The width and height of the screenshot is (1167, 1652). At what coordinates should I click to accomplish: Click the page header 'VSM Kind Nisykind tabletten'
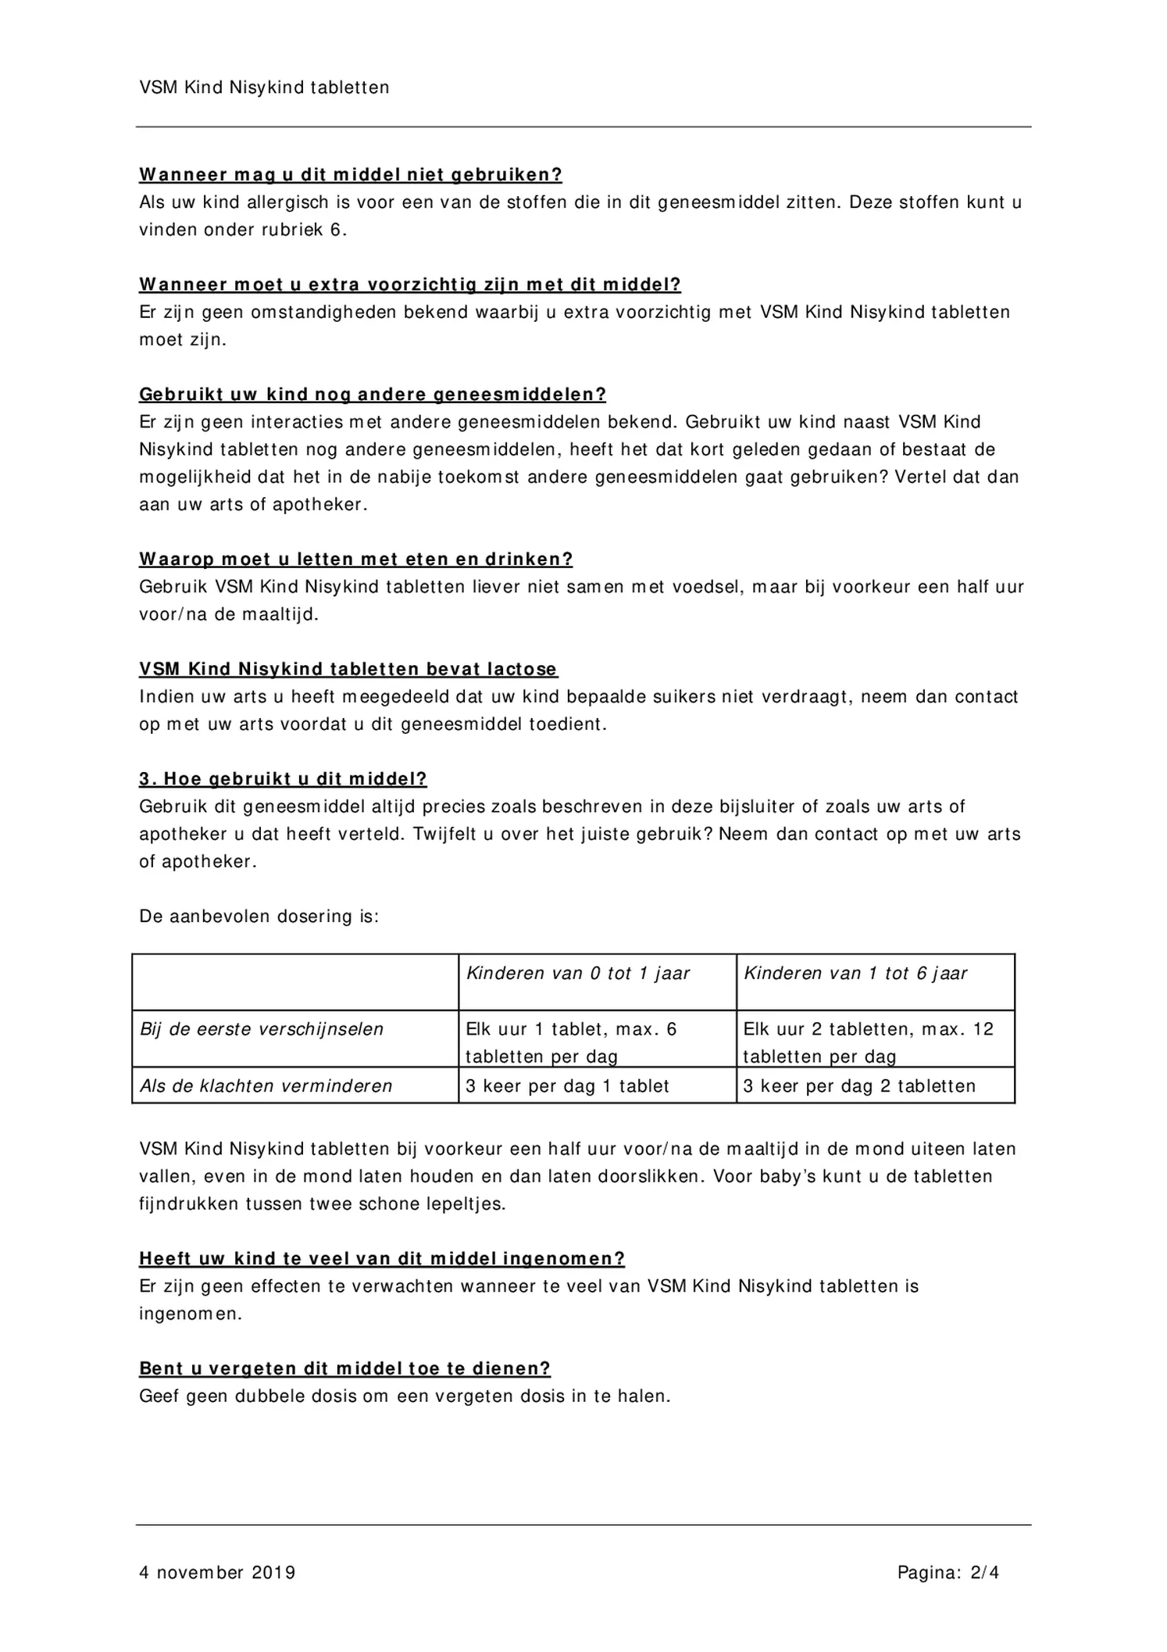264,88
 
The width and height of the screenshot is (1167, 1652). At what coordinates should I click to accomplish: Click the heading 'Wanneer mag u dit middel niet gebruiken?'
351,174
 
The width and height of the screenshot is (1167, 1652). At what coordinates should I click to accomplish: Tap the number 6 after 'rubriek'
336,231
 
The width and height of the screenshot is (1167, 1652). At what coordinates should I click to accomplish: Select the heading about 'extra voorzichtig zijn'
410,284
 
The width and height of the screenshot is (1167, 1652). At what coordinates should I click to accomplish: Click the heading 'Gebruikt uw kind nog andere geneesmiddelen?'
373,395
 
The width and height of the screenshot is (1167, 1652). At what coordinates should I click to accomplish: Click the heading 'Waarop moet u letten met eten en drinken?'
356,560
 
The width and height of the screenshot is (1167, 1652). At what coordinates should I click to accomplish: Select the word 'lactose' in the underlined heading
523,670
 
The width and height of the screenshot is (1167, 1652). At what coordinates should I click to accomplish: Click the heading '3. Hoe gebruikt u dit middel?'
283,779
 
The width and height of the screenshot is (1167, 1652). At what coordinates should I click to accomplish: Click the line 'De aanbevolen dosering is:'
259,917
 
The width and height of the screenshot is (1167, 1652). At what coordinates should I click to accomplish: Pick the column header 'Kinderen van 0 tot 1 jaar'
578,974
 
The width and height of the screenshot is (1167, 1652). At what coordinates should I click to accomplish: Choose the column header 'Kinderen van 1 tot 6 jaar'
855,974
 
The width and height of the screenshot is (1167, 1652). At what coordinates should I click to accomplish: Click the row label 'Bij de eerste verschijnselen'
262,1030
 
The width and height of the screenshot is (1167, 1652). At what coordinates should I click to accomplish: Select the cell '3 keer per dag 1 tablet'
567,1086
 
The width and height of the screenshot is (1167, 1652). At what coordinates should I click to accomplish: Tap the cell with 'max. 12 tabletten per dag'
868,1042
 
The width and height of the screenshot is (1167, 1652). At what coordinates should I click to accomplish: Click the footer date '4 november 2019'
217,1572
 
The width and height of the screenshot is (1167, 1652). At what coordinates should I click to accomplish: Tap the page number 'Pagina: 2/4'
948,1572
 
